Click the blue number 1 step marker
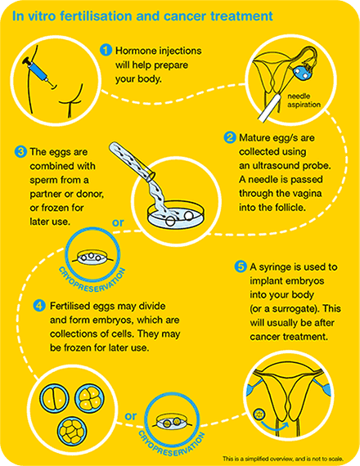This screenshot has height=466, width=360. (x=106, y=50)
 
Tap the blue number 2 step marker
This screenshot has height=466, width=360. (x=229, y=137)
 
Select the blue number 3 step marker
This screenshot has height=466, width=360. (x=20, y=152)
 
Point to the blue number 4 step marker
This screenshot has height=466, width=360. (x=39, y=306)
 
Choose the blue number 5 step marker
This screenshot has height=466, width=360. (x=240, y=267)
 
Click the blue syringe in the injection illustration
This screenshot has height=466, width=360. (x=37, y=71)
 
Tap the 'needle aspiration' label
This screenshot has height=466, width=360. (x=304, y=101)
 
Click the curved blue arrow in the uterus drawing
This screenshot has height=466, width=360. (x=275, y=427)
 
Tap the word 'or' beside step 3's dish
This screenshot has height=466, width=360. (x=118, y=222)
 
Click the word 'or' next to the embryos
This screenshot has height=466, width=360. (x=131, y=416)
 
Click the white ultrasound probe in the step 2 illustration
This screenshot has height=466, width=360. (x=269, y=106)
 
